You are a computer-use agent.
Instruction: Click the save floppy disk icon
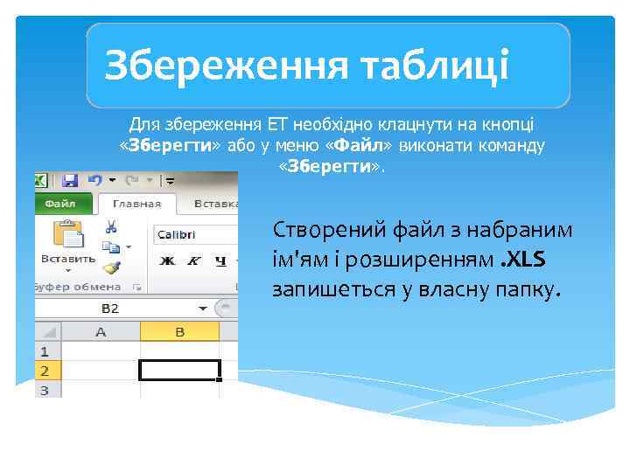(x=69, y=181)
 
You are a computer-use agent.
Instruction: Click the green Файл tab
(x=59, y=204)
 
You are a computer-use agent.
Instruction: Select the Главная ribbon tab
(x=136, y=204)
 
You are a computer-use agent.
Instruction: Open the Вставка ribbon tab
(x=214, y=204)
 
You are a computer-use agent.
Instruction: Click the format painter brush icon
(x=111, y=267)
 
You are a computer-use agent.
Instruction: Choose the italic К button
(x=193, y=260)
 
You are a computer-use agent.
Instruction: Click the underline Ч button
(x=220, y=260)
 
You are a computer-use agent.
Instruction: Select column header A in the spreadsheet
(x=101, y=331)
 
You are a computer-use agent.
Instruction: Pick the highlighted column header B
(x=179, y=331)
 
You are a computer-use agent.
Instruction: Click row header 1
(x=43, y=351)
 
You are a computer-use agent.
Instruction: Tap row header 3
(x=43, y=390)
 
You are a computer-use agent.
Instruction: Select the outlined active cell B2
(x=179, y=370)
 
